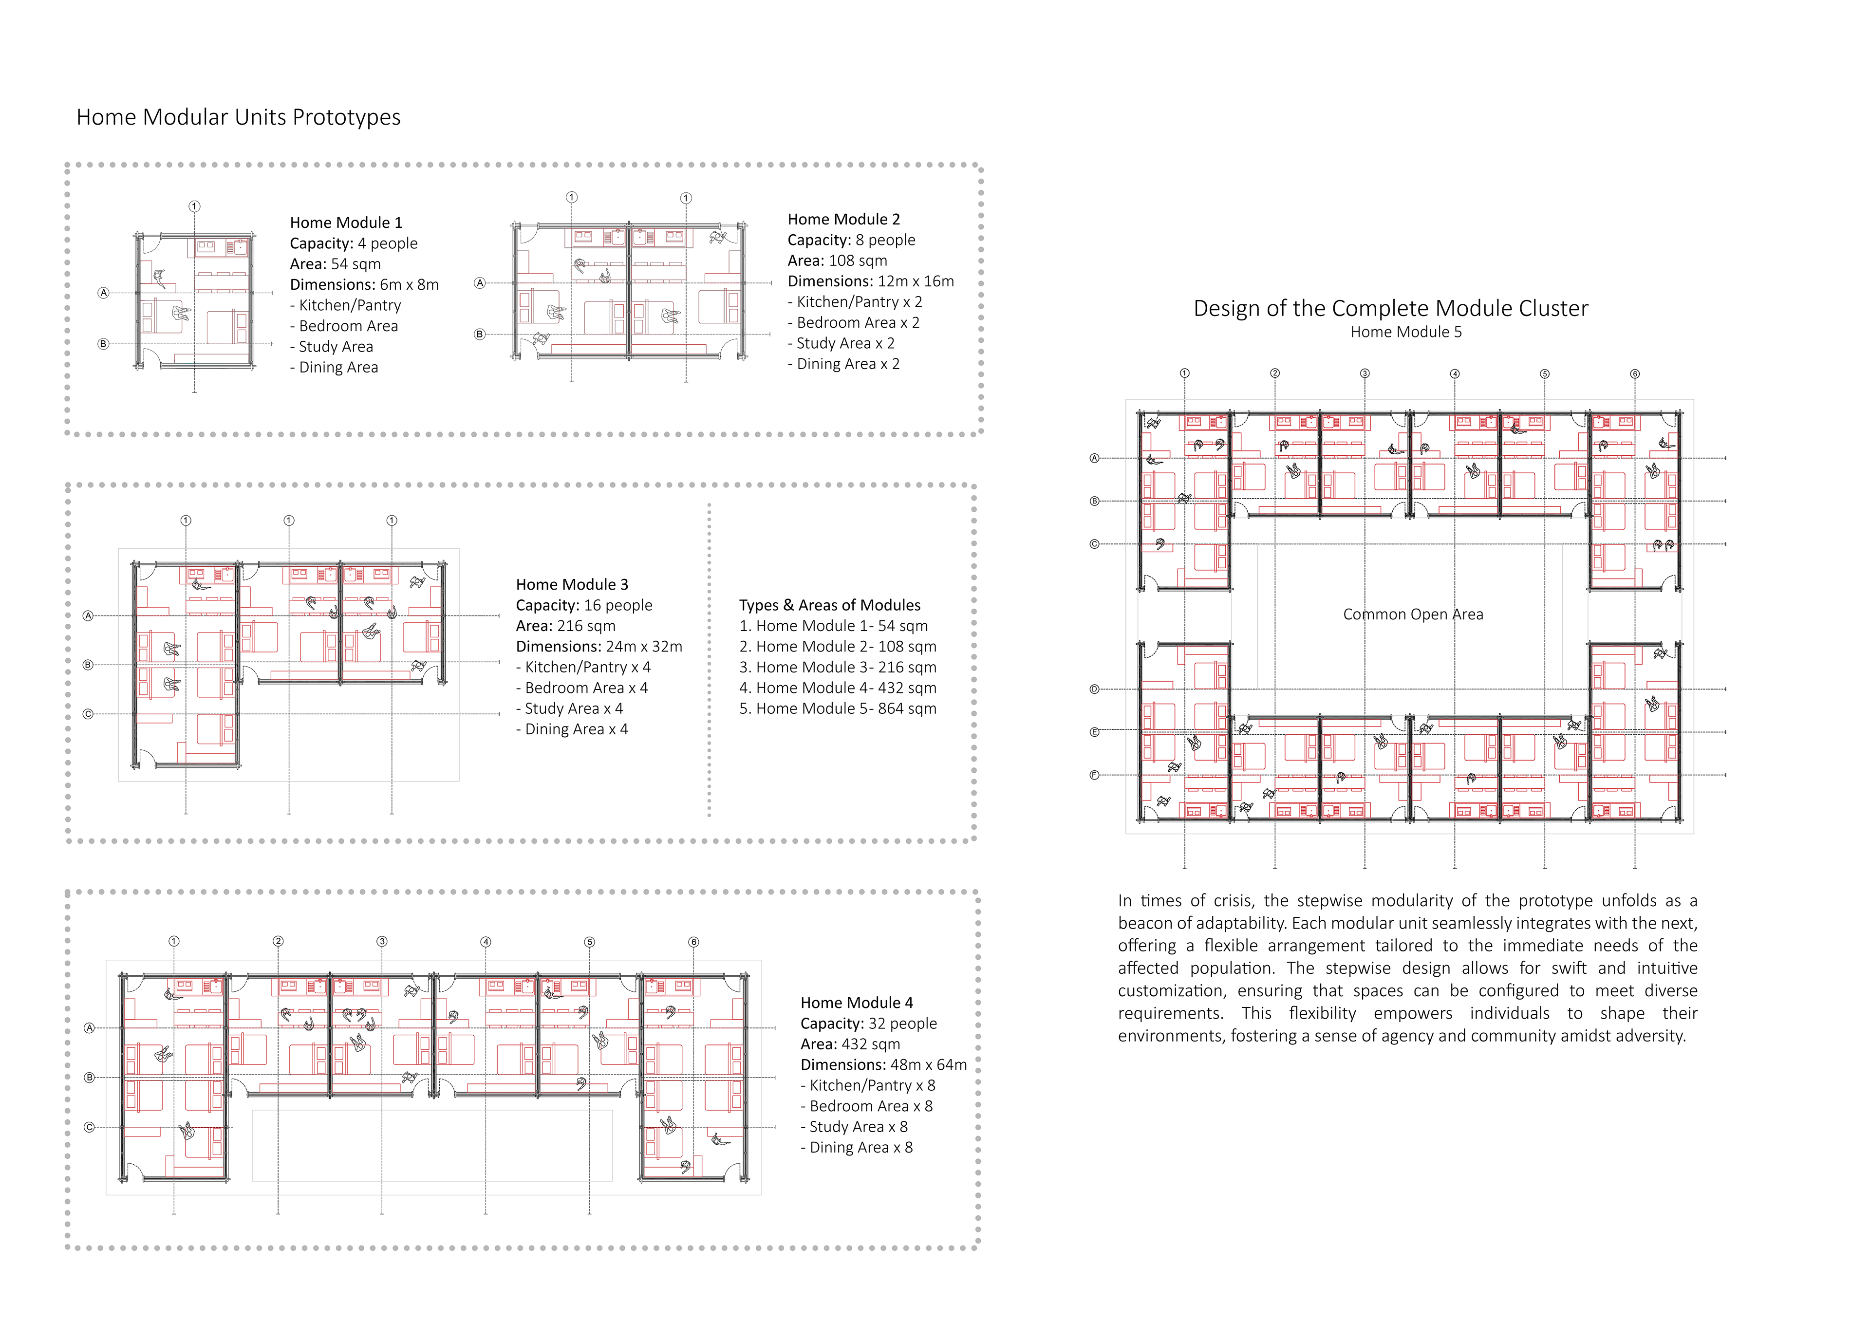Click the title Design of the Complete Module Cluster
pyautogui.click(x=1390, y=309)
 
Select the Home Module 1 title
pyautogui.click(x=346, y=223)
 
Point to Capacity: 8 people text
pyautogui.click(x=851, y=240)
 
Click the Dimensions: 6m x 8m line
pyautogui.click(x=364, y=284)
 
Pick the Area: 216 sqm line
pyautogui.click(x=565, y=626)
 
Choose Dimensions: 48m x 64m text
pyautogui.click(x=884, y=1064)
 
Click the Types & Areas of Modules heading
pyautogui.click(x=829, y=605)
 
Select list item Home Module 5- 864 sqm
pyautogui.click(x=838, y=708)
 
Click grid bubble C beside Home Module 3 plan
pyautogui.click(x=88, y=714)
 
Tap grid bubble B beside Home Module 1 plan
pyautogui.click(x=103, y=344)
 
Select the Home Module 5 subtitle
pyautogui.click(x=1406, y=333)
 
